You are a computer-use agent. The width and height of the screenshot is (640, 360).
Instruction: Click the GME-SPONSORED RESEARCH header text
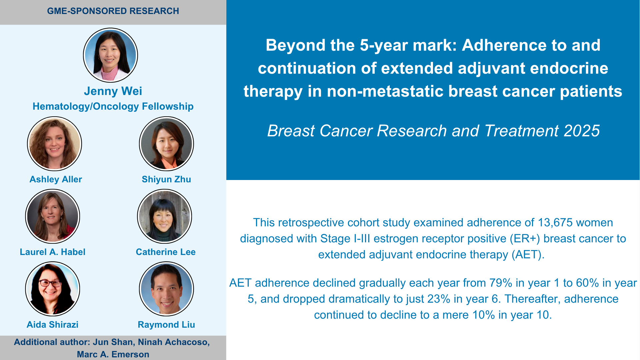click(113, 11)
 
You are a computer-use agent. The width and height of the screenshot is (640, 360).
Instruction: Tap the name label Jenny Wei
click(113, 91)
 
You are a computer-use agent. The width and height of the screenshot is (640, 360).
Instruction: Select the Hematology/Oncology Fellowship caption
click(113, 106)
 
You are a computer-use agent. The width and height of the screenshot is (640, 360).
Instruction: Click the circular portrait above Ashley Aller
click(54, 144)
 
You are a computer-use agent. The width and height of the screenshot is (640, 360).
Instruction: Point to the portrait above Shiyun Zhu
click(166, 144)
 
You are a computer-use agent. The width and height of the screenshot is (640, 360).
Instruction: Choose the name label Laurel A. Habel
click(53, 252)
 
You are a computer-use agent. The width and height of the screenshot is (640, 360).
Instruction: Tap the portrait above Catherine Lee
click(164, 216)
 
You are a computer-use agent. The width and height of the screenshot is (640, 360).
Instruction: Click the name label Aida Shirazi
click(53, 325)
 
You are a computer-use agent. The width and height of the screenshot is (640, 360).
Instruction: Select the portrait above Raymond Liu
click(166, 289)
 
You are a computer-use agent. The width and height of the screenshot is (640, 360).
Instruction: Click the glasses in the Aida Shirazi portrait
click(50, 284)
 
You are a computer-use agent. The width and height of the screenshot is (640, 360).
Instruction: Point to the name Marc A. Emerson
click(113, 354)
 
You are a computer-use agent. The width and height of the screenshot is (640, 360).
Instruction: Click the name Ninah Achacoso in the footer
click(174, 342)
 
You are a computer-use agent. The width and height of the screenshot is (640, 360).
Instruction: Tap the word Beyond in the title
click(295, 45)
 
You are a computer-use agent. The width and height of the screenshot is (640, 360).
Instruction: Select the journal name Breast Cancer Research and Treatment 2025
click(433, 131)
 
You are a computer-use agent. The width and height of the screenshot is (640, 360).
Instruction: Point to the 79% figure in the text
click(501, 283)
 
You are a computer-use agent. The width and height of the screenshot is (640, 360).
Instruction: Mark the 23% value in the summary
click(439, 299)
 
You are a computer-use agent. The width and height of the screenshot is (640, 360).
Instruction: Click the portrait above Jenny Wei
click(110, 55)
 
